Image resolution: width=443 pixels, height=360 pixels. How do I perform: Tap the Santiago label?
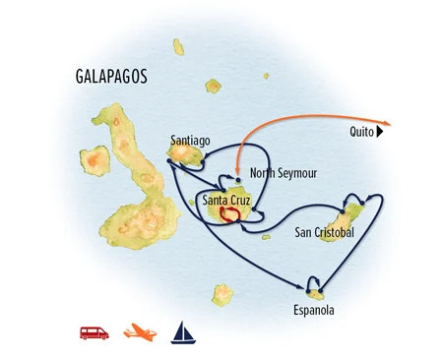[190, 140]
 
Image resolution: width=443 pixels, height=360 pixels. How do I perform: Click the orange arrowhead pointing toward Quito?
[388, 124]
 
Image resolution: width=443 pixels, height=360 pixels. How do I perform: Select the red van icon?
[95, 332]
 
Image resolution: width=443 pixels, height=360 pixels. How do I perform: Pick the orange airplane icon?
[140, 332]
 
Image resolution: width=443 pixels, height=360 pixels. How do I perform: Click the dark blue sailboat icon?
[182, 330]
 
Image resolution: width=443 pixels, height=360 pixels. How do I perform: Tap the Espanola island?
[316, 290]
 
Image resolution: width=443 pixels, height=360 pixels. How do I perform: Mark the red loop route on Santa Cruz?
[231, 213]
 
